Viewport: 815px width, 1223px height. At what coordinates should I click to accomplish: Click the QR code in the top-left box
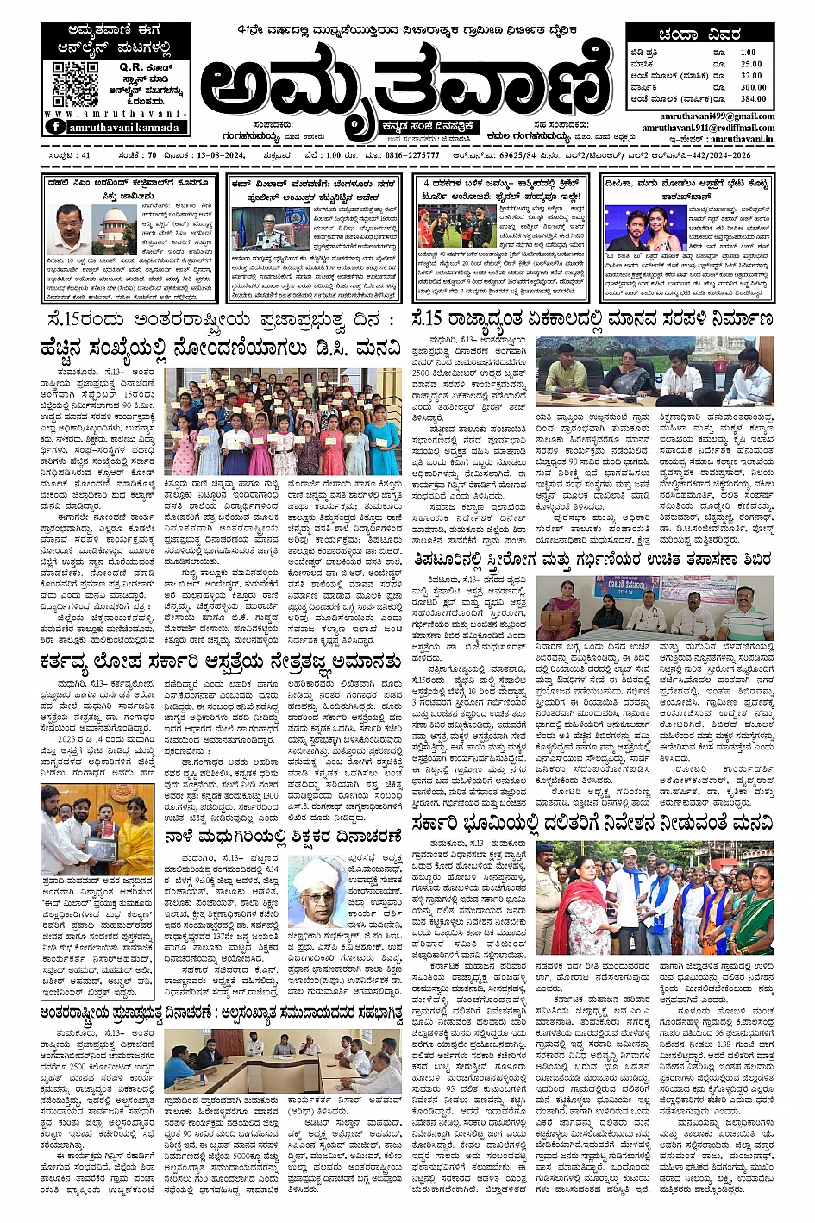tap(75, 84)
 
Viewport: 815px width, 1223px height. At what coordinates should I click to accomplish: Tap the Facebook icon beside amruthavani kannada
tap(56, 126)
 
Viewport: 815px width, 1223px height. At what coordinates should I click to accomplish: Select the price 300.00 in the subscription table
tap(752, 87)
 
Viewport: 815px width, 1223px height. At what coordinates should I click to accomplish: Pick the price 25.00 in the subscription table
tap(751, 64)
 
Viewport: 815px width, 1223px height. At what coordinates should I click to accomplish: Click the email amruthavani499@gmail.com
tap(717, 116)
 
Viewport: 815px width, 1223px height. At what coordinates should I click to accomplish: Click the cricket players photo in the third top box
tap(457, 225)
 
